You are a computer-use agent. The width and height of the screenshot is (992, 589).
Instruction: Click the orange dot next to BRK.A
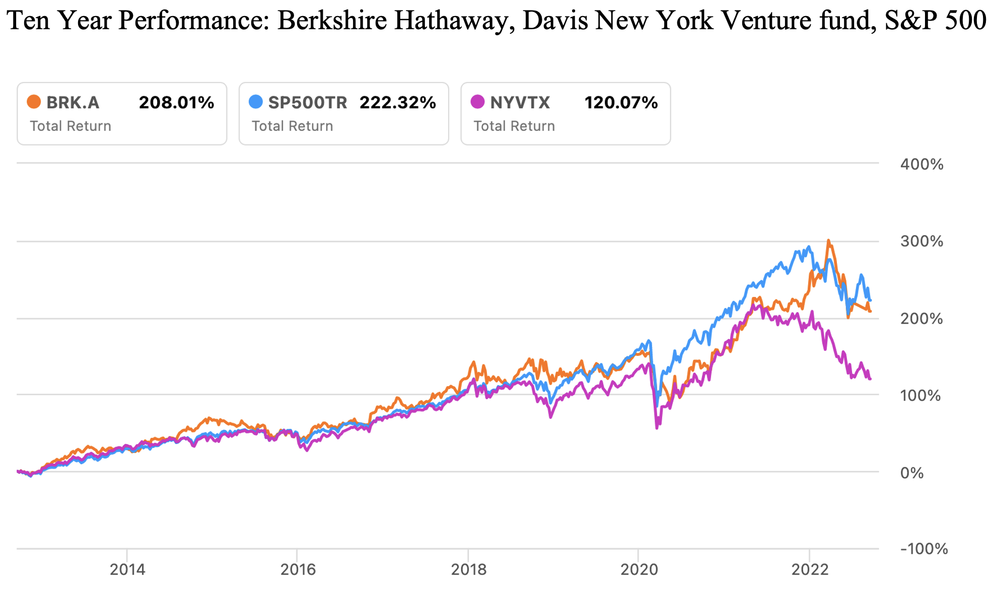click(x=34, y=102)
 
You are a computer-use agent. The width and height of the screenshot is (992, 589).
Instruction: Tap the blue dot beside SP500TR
click(x=256, y=102)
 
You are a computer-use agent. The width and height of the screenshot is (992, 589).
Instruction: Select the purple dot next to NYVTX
click(x=477, y=102)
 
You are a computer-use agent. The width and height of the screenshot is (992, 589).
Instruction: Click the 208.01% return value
click(x=176, y=103)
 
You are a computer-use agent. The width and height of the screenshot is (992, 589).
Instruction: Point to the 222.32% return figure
click(x=398, y=103)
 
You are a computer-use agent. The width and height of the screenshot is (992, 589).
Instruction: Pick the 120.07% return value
click(x=621, y=103)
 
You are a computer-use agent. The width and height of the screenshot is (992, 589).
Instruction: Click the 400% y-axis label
click(x=922, y=164)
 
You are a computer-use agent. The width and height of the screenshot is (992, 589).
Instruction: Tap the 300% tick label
click(x=922, y=241)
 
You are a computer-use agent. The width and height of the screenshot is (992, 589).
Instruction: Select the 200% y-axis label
click(x=922, y=319)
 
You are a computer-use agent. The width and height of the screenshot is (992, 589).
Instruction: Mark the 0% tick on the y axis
click(x=912, y=473)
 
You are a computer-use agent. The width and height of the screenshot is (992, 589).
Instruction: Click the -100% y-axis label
click(x=924, y=549)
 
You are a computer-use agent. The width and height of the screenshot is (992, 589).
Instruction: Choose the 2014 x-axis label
click(x=127, y=569)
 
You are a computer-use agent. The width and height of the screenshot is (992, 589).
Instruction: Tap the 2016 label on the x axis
click(x=298, y=569)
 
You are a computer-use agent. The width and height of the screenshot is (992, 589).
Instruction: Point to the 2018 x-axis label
click(x=468, y=569)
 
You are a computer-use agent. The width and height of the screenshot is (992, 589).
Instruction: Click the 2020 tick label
click(x=639, y=569)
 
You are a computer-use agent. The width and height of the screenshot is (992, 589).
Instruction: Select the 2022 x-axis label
click(x=810, y=569)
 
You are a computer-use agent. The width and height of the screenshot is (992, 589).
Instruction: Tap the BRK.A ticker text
click(x=73, y=103)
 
